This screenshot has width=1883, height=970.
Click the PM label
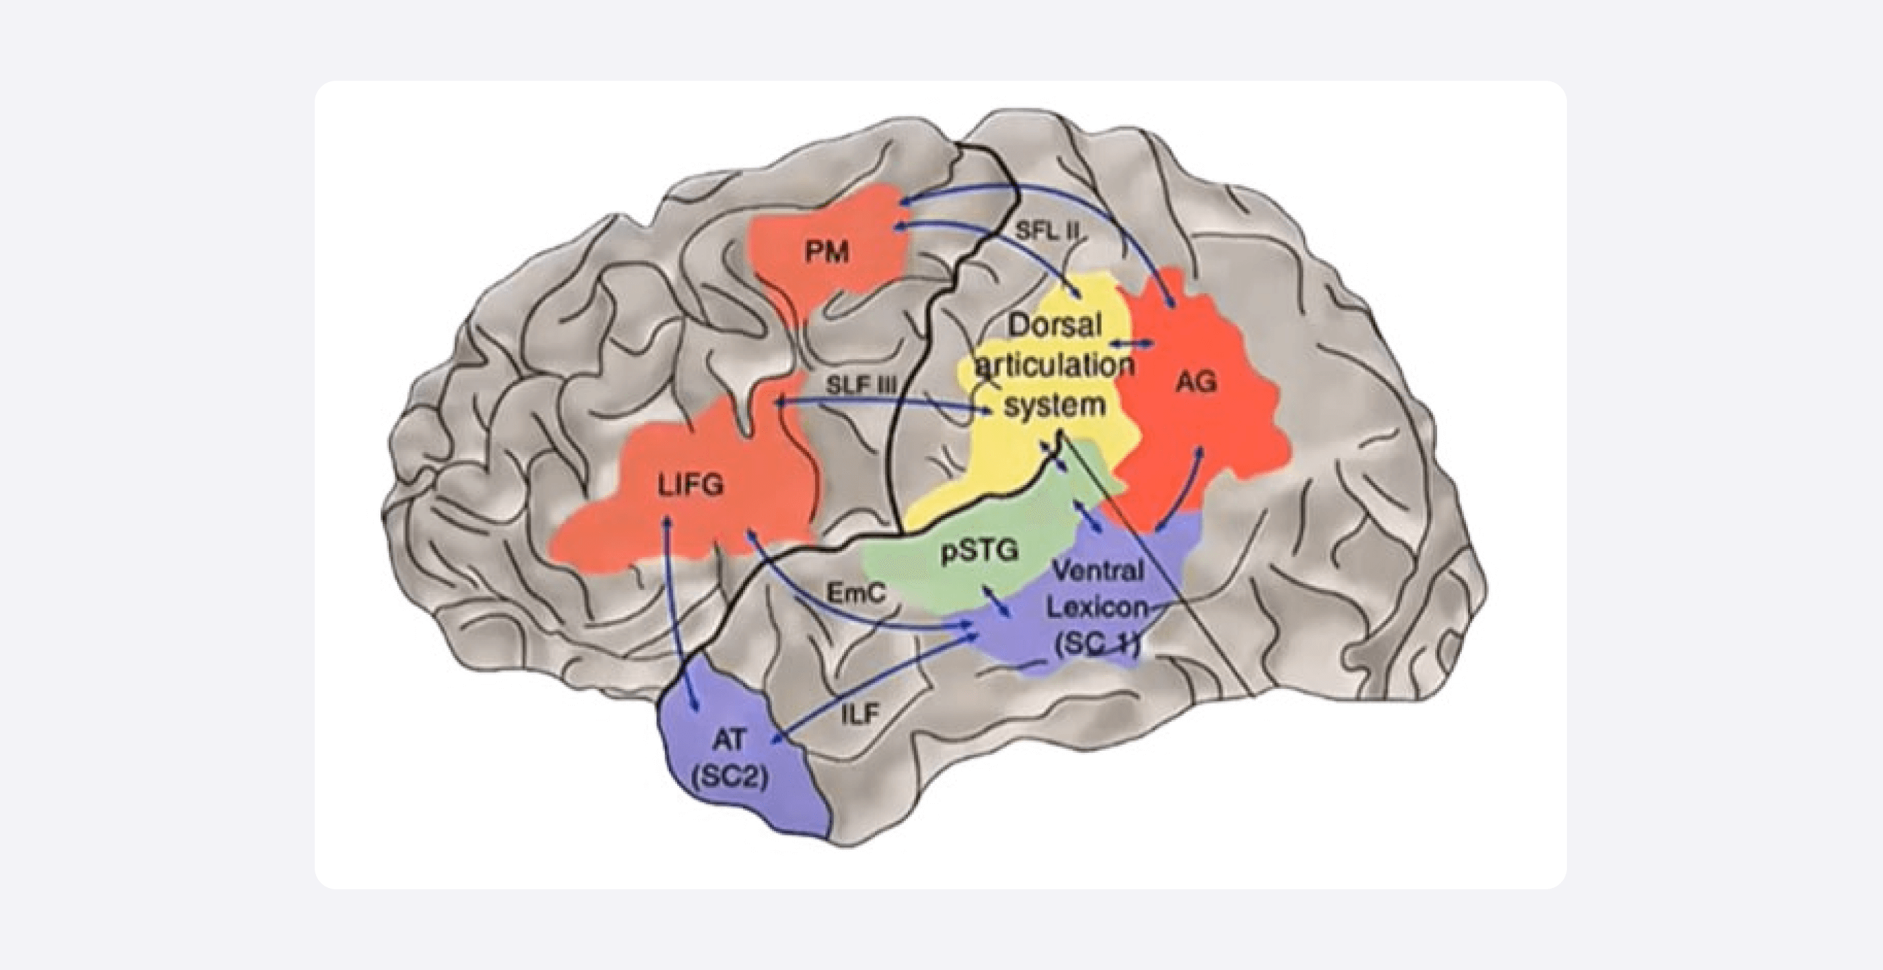[x=827, y=252]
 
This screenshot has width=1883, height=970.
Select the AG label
[x=1196, y=381]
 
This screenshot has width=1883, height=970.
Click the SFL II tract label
[x=1048, y=230]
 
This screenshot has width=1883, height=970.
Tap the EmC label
[x=856, y=592]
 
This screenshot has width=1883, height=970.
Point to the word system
[x=1054, y=404]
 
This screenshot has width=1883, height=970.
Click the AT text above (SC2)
[x=729, y=740]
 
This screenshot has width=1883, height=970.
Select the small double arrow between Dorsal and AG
[x=1132, y=342]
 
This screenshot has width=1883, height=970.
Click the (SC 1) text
[x=1096, y=646]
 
